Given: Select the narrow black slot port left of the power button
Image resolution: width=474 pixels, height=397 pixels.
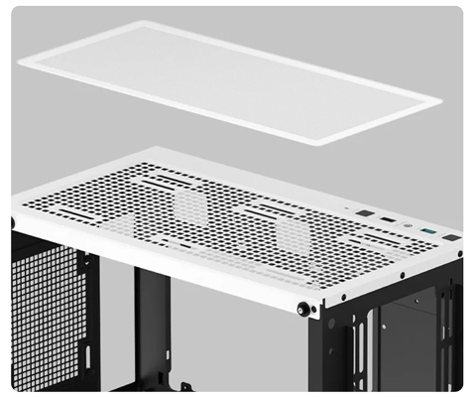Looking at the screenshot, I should coord(386,218).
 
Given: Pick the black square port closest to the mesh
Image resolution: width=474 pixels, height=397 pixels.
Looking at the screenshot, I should coord(363,212).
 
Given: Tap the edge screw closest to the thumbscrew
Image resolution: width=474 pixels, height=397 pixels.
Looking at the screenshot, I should coord(343,296).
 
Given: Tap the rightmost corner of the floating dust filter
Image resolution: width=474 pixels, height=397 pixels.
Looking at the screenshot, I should coord(443,99).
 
